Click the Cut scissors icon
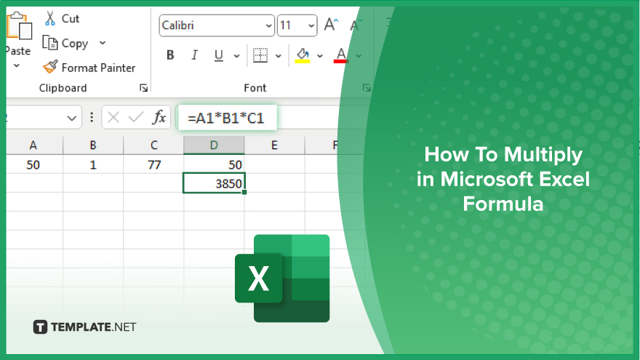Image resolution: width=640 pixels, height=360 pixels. (50, 18)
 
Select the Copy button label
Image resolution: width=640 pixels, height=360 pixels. (75, 43)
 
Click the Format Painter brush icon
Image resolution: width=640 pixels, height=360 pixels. (50, 67)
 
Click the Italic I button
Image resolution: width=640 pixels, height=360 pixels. (195, 55)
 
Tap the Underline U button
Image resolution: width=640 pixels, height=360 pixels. (219, 55)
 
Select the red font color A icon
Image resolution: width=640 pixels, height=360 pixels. (340, 55)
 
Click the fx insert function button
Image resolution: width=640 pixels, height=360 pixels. (159, 118)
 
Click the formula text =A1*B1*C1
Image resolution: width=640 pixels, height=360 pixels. (225, 119)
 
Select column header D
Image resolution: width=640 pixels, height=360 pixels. (214, 145)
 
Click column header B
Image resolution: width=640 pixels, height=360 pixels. (93, 145)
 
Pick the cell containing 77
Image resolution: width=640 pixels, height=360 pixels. (153, 164)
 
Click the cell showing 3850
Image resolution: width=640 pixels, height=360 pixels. (214, 183)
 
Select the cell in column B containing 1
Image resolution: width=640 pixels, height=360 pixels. (93, 164)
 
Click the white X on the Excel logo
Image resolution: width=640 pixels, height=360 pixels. (258, 279)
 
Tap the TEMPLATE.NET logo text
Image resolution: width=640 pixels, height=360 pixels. (94, 327)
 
